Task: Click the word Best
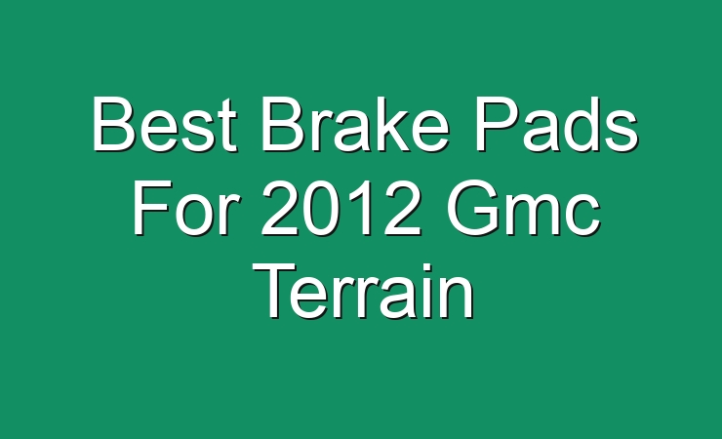(165, 124)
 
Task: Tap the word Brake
(355, 123)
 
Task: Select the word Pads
(556, 123)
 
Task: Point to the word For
(186, 208)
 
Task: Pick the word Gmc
(524, 208)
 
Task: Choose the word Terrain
(363, 292)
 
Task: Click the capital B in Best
(114, 123)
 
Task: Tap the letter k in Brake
(384, 123)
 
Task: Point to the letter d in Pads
(581, 124)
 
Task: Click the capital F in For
(151, 208)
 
